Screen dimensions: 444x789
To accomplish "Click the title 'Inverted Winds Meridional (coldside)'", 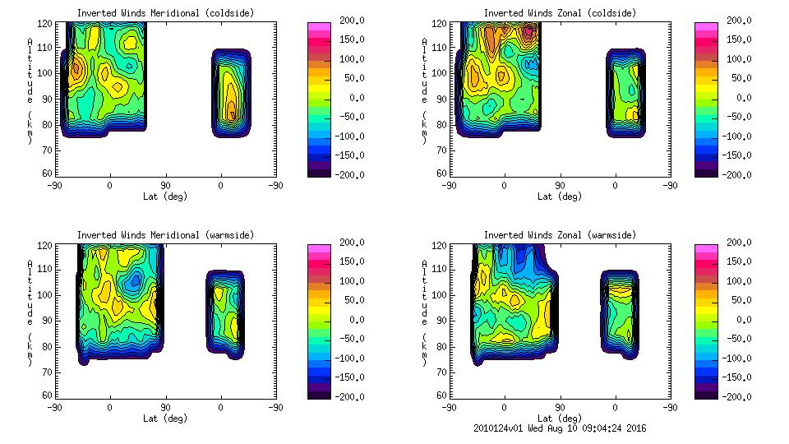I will (165, 13).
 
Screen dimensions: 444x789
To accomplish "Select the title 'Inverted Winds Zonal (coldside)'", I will (560, 13).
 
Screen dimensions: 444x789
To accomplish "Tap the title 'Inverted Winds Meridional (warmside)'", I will (165, 235).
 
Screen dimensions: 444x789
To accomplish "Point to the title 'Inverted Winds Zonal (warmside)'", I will (560, 235).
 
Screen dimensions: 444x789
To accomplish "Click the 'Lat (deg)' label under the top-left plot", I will (165, 197).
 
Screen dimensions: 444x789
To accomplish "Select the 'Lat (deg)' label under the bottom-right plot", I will (560, 418).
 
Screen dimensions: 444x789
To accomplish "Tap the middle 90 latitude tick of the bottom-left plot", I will (165, 407).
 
